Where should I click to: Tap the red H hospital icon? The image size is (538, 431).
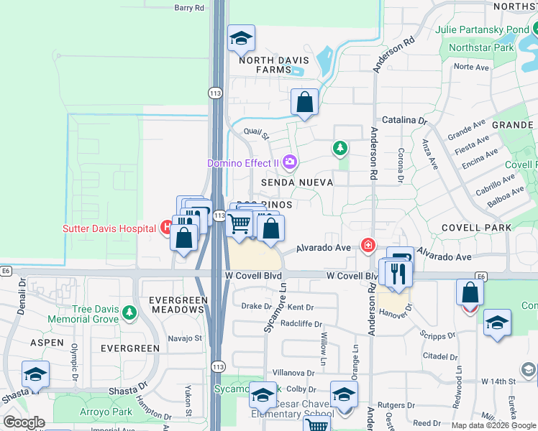[x=166, y=228]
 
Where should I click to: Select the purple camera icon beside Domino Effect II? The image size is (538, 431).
[x=290, y=162]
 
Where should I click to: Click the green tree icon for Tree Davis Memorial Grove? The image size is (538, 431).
[x=129, y=312]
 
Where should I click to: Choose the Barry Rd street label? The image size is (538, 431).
[x=189, y=8]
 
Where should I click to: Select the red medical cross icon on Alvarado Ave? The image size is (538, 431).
[x=368, y=246]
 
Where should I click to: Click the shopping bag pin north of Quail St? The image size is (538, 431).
[x=305, y=102]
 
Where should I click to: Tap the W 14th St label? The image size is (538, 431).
[x=501, y=381]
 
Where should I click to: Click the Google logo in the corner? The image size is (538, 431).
[x=24, y=422]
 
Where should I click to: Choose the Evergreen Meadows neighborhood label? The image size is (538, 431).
[x=177, y=304]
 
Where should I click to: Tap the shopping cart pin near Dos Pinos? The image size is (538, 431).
[x=239, y=225]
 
